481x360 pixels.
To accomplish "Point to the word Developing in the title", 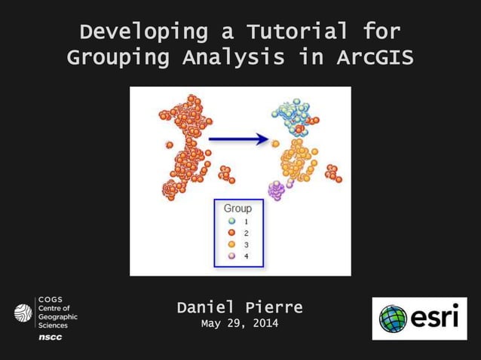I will pyautogui.click(x=133, y=32).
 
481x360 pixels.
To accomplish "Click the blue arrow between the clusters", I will pyautogui.click(x=239, y=139).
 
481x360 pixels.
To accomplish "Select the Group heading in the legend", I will pyautogui.click(x=237, y=208).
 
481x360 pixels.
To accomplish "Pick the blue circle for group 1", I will pyautogui.click(x=232, y=221).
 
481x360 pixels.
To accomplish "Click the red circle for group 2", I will pyautogui.click(x=232, y=233).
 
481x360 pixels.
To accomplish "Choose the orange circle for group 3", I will pyautogui.click(x=232, y=245).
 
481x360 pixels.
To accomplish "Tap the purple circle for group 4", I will pyautogui.click(x=232, y=256).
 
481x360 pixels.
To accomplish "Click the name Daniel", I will pyautogui.click(x=207, y=307).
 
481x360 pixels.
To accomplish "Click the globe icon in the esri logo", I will pyautogui.click(x=393, y=319).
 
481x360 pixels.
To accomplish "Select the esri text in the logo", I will pyautogui.click(x=434, y=319).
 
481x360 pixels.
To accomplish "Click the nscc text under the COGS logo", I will pyautogui.click(x=51, y=337).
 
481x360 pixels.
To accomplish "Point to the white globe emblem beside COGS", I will pyautogui.click(x=23, y=312).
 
